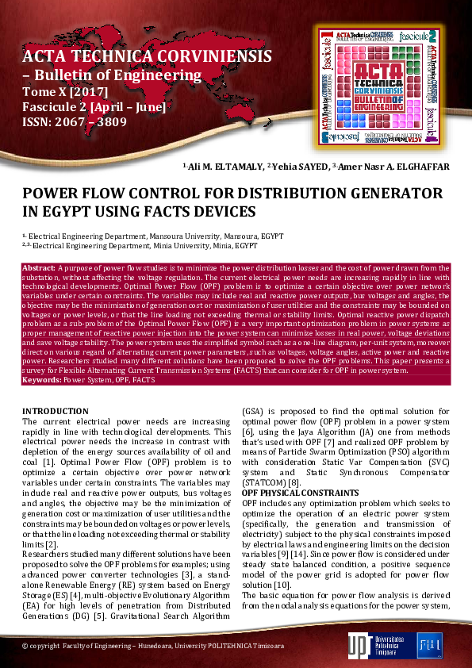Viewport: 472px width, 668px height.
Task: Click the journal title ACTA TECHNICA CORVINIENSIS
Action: coord(148,56)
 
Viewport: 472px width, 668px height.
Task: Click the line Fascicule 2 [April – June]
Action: coord(94,107)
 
